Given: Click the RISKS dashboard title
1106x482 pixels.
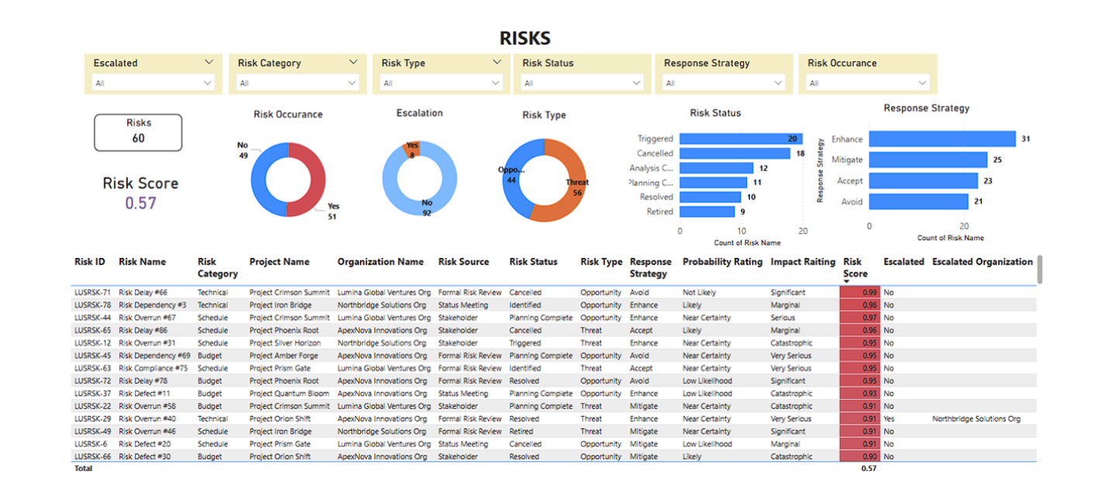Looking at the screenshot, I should pyautogui.click(x=524, y=39).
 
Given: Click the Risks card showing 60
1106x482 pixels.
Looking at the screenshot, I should pyautogui.click(x=138, y=133).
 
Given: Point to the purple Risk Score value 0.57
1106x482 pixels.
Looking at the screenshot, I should pyautogui.click(x=140, y=203).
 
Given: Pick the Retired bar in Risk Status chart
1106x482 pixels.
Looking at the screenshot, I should pyautogui.click(x=707, y=212).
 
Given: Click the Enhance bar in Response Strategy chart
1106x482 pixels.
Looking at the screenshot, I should pyautogui.click(x=942, y=139).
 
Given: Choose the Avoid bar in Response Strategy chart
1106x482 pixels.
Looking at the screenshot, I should pyautogui.click(x=918, y=202).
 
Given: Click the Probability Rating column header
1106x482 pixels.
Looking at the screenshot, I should pyautogui.click(x=722, y=262).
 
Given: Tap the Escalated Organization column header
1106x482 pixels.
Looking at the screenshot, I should pyautogui.click(x=982, y=262).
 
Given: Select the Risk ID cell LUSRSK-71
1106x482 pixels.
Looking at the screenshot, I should pyautogui.click(x=92, y=293).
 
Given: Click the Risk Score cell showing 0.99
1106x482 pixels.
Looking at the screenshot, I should pyautogui.click(x=860, y=293).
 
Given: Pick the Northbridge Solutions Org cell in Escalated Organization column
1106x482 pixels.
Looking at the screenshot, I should pyautogui.click(x=976, y=419).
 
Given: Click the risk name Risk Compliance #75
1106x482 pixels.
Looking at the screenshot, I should pyautogui.click(x=153, y=369).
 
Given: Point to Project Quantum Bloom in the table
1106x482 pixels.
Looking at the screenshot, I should pyautogui.click(x=289, y=394).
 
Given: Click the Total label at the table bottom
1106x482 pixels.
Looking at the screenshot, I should pyautogui.click(x=83, y=469).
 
